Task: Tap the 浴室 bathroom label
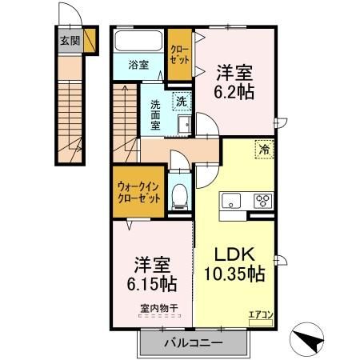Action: point(139,66)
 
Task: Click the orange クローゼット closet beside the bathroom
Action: point(179,54)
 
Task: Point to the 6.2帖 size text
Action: point(234,92)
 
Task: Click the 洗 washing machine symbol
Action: point(182,101)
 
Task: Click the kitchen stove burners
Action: point(262,201)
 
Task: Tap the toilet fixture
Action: point(180,194)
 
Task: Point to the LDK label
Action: point(234,255)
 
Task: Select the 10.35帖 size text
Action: point(234,274)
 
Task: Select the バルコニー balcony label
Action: point(192,342)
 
